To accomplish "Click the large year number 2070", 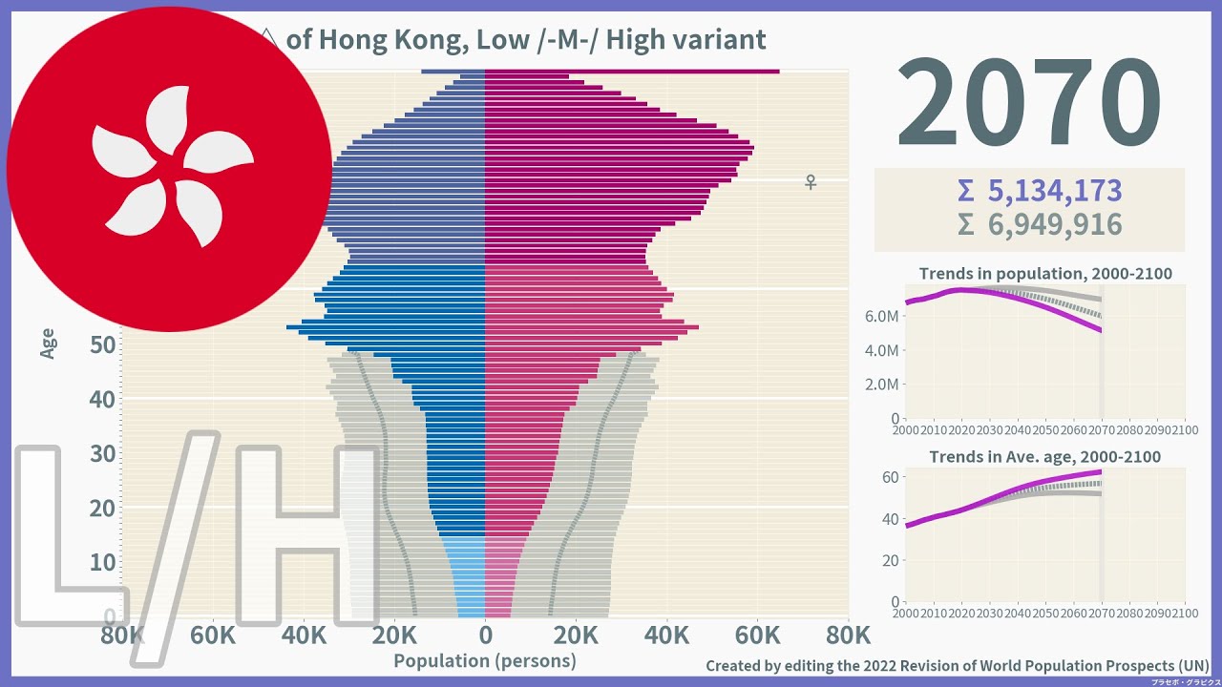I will click(1028, 103).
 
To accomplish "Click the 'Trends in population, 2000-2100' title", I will click(1045, 274).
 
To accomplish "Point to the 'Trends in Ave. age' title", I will click(1045, 457).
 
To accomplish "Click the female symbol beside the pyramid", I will click(811, 181).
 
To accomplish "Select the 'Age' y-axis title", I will click(48, 343).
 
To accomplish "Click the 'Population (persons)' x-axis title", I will click(485, 660).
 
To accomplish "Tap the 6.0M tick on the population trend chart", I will click(881, 316).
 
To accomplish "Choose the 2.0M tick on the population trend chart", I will click(881, 385).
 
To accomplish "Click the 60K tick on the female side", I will click(757, 635).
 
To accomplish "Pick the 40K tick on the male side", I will click(304, 635).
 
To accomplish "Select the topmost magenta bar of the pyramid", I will click(630, 72).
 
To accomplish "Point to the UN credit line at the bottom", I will click(957, 665).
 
